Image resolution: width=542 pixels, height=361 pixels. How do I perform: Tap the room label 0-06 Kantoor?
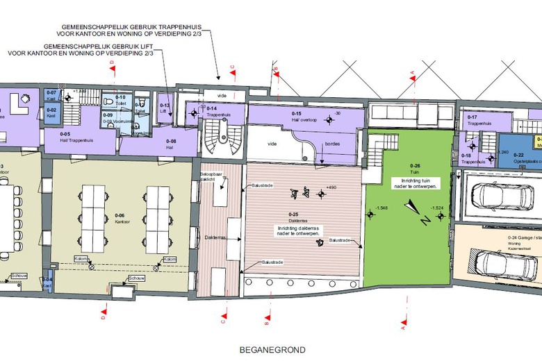pyautogui.click(x=120, y=218)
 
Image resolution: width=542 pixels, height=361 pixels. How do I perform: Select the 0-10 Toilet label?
pyautogui.click(x=120, y=100)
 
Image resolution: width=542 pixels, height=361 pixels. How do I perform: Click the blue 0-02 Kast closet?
pyautogui.click(x=52, y=112)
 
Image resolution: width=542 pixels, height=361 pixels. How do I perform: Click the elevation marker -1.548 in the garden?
pyautogui.click(x=379, y=208)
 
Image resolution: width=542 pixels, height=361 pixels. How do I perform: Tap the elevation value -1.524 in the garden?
pyautogui.click(x=436, y=208)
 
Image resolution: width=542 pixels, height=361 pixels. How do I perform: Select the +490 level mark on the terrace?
pyautogui.click(x=329, y=187)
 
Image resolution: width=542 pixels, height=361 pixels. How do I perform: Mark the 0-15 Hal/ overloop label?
pyautogui.click(x=301, y=116)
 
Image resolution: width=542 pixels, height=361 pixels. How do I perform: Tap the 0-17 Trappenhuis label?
pyautogui.click(x=477, y=120)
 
